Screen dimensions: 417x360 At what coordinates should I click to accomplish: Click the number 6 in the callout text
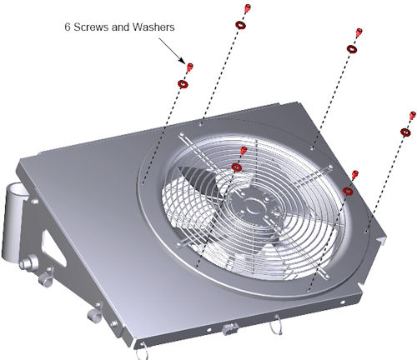click(68, 27)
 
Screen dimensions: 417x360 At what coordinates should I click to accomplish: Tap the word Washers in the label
click(153, 27)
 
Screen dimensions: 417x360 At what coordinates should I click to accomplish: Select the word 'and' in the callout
click(120, 27)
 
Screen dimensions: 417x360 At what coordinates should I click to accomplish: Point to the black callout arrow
click(172, 51)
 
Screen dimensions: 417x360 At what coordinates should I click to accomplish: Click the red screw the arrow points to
click(190, 67)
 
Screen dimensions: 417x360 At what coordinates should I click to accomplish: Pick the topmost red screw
click(248, 7)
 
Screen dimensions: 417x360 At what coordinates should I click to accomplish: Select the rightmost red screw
click(413, 115)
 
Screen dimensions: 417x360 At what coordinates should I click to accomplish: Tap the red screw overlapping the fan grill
click(244, 150)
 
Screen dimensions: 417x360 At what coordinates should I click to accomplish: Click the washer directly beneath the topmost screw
click(240, 25)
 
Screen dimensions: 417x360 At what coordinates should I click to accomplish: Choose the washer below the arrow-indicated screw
click(183, 83)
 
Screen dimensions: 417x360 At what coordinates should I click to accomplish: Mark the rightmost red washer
click(406, 132)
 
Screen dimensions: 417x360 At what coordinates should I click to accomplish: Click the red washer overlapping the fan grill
click(237, 167)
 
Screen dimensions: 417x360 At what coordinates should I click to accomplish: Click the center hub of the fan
click(254, 207)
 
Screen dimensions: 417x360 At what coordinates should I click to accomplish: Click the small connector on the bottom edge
click(229, 329)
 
